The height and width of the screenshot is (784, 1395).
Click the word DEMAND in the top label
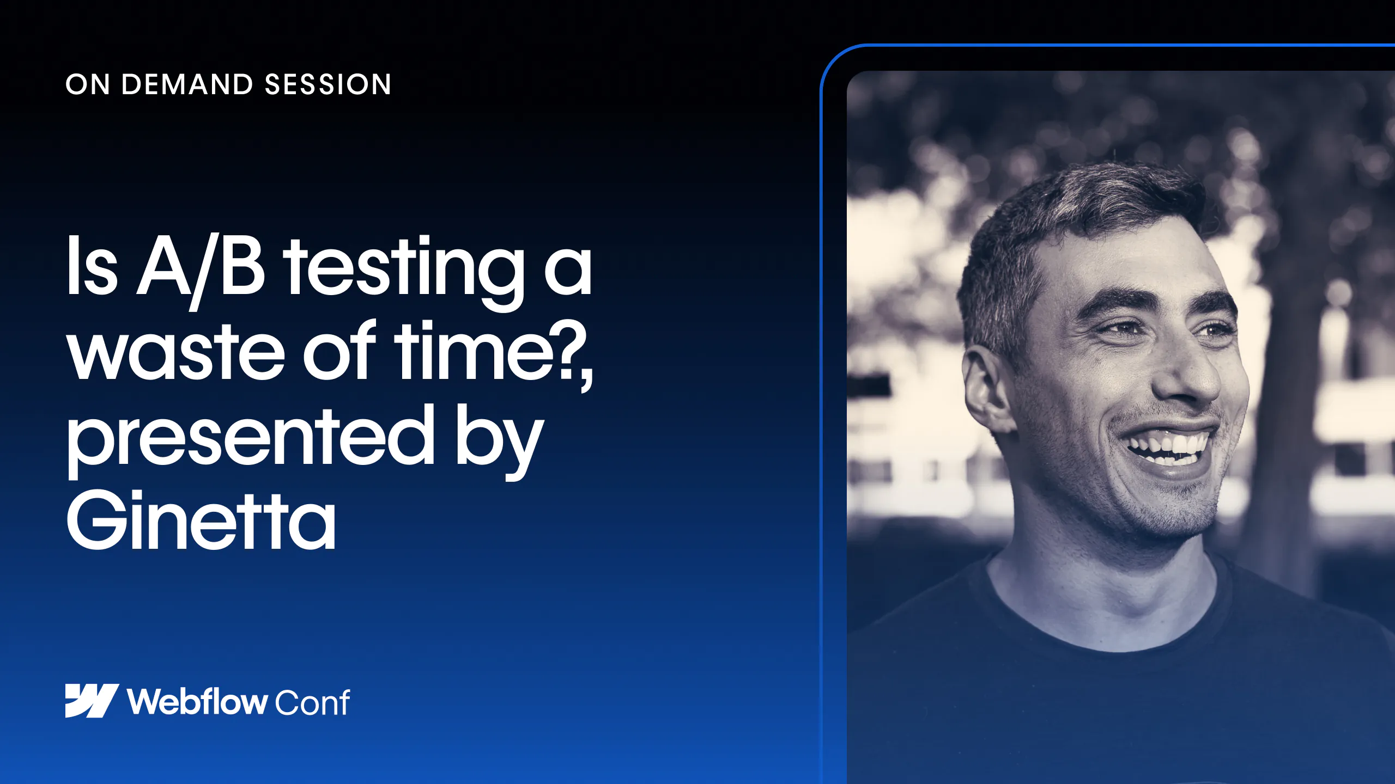point(187,85)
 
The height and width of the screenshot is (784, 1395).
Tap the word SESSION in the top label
point(328,85)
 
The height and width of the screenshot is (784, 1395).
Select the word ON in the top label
point(88,85)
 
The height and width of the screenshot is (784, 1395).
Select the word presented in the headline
point(251,440)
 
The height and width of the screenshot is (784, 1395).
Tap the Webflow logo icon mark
point(92,701)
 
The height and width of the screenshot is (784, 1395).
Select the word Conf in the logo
point(312,702)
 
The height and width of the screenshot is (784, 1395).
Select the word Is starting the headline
point(92,266)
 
